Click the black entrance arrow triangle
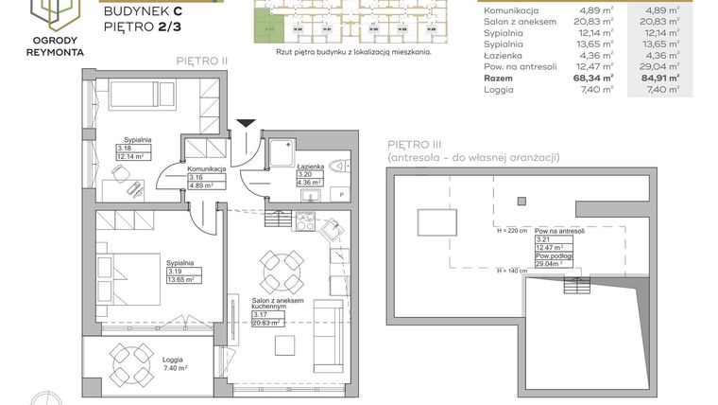(246, 122)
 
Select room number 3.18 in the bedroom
(125, 149)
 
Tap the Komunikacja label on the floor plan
(207, 167)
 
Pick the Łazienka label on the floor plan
(311, 166)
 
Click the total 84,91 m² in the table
(667, 79)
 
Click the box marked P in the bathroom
(340, 195)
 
